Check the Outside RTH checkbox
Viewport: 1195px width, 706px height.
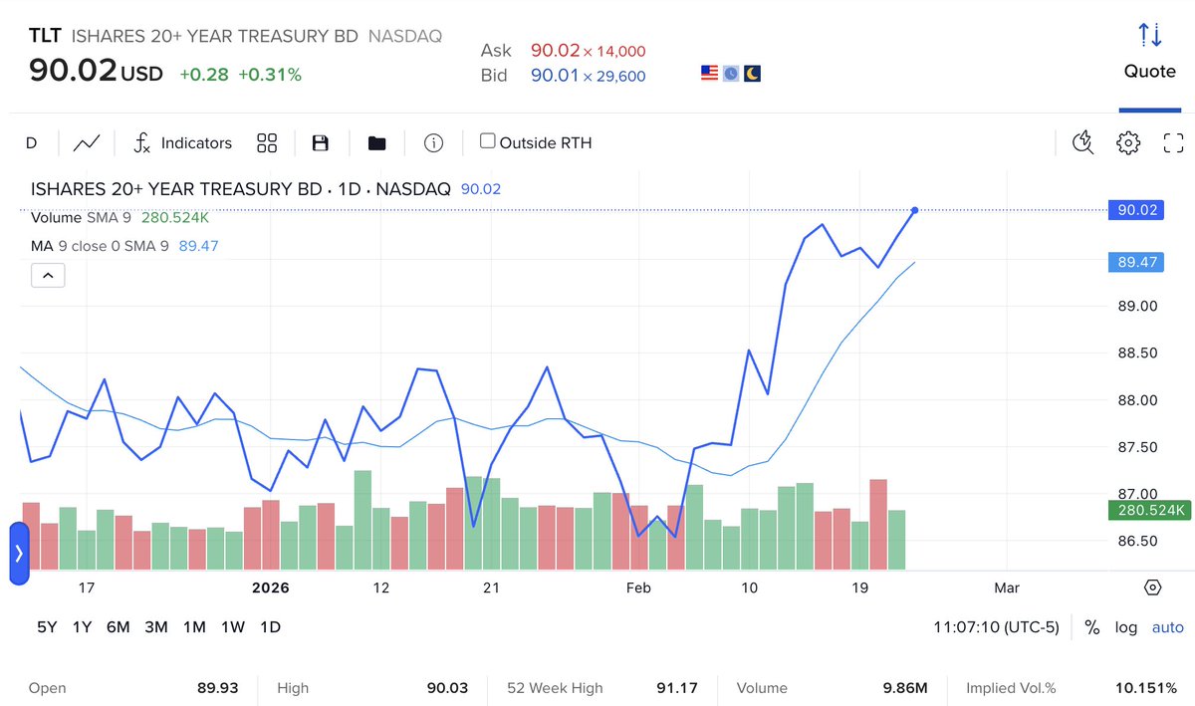(x=488, y=141)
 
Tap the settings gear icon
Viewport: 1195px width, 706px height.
(x=1127, y=143)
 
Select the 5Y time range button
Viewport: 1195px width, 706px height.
(x=48, y=626)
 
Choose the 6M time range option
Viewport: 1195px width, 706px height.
(x=118, y=626)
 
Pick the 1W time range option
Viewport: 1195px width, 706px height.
(x=232, y=626)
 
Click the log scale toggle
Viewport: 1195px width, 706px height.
(x=1125, y=627)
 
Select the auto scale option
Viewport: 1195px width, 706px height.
(x=1167, y=627)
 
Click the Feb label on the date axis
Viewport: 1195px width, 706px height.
(x=638, y=588)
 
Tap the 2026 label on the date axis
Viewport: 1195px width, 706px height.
(x=270, y=588)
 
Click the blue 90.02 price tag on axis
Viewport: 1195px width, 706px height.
(x=1135, y=210)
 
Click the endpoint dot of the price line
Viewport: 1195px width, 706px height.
(x=914, y=210)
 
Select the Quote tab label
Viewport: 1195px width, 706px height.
(x=1149, y=71)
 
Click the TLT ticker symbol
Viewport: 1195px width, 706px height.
(x=45, y=36)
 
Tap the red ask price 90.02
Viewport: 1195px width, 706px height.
(x=555, y=51)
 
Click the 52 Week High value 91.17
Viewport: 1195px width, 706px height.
(x=679, y=688)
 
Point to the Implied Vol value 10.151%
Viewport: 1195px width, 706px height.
(x=1145, y=688)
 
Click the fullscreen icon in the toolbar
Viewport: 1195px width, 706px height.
(x=1173, y=143)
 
